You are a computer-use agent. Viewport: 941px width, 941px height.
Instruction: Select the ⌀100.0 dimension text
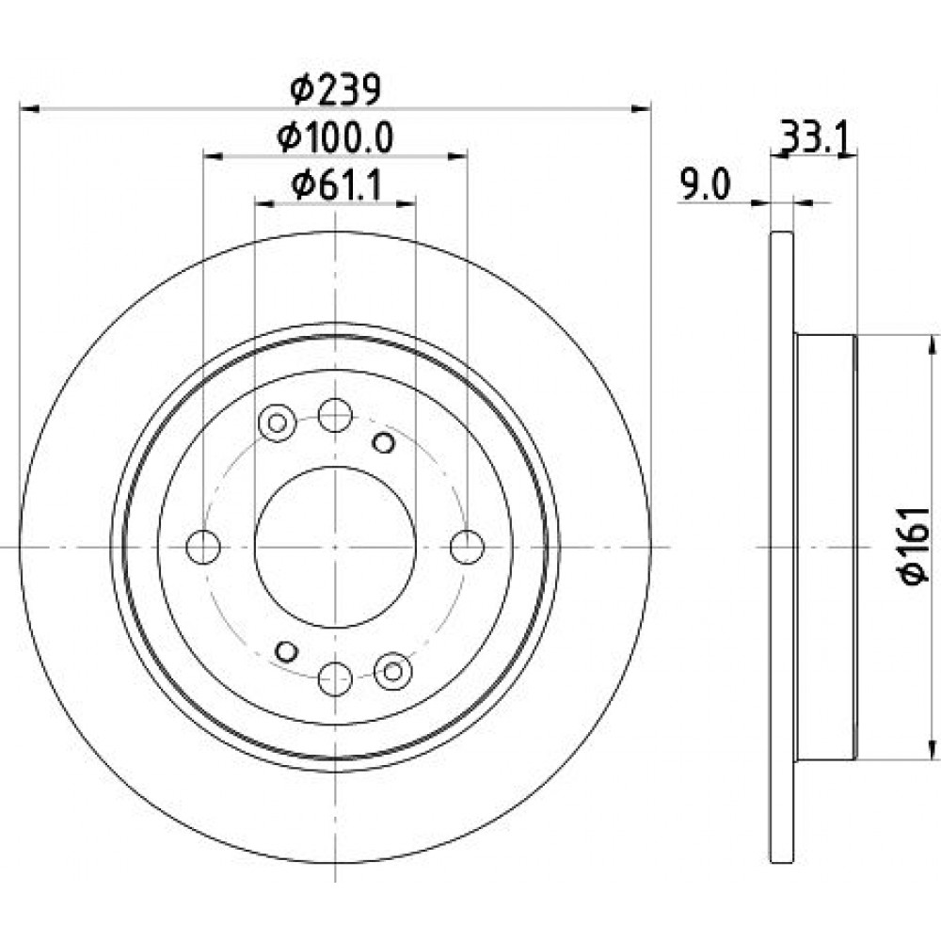pos(336,137)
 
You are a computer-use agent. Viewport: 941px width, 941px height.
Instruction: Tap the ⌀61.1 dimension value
pos(336,185)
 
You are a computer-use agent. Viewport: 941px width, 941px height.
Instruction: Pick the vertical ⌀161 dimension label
pos(914,546)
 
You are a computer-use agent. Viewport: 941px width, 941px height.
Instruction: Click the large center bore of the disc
pos(336,547)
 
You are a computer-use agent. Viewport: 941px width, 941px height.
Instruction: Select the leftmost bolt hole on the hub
pos(203,547)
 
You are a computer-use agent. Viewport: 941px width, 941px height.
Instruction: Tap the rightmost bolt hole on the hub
pos(467,547)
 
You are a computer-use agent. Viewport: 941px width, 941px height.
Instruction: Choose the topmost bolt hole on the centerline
pos(335,415)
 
